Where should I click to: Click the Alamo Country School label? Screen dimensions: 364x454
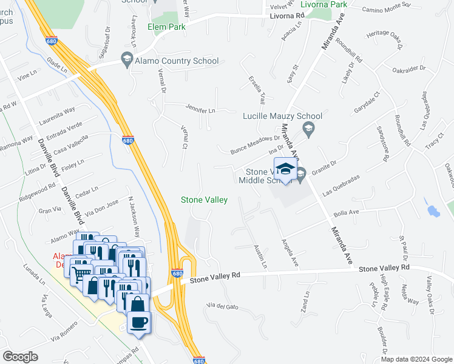click(177, 61)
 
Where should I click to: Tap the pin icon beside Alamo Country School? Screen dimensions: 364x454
click(127, 59)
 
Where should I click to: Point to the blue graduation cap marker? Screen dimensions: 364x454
click(285, 169)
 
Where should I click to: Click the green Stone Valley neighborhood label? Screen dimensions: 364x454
click(205, 200)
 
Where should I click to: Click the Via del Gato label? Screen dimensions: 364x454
click(223, 306)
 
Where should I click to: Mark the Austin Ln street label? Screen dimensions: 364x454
click(260, 257)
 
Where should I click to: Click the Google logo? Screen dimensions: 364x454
click(21, 357)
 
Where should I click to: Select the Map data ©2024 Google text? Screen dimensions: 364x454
click(416, 359)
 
